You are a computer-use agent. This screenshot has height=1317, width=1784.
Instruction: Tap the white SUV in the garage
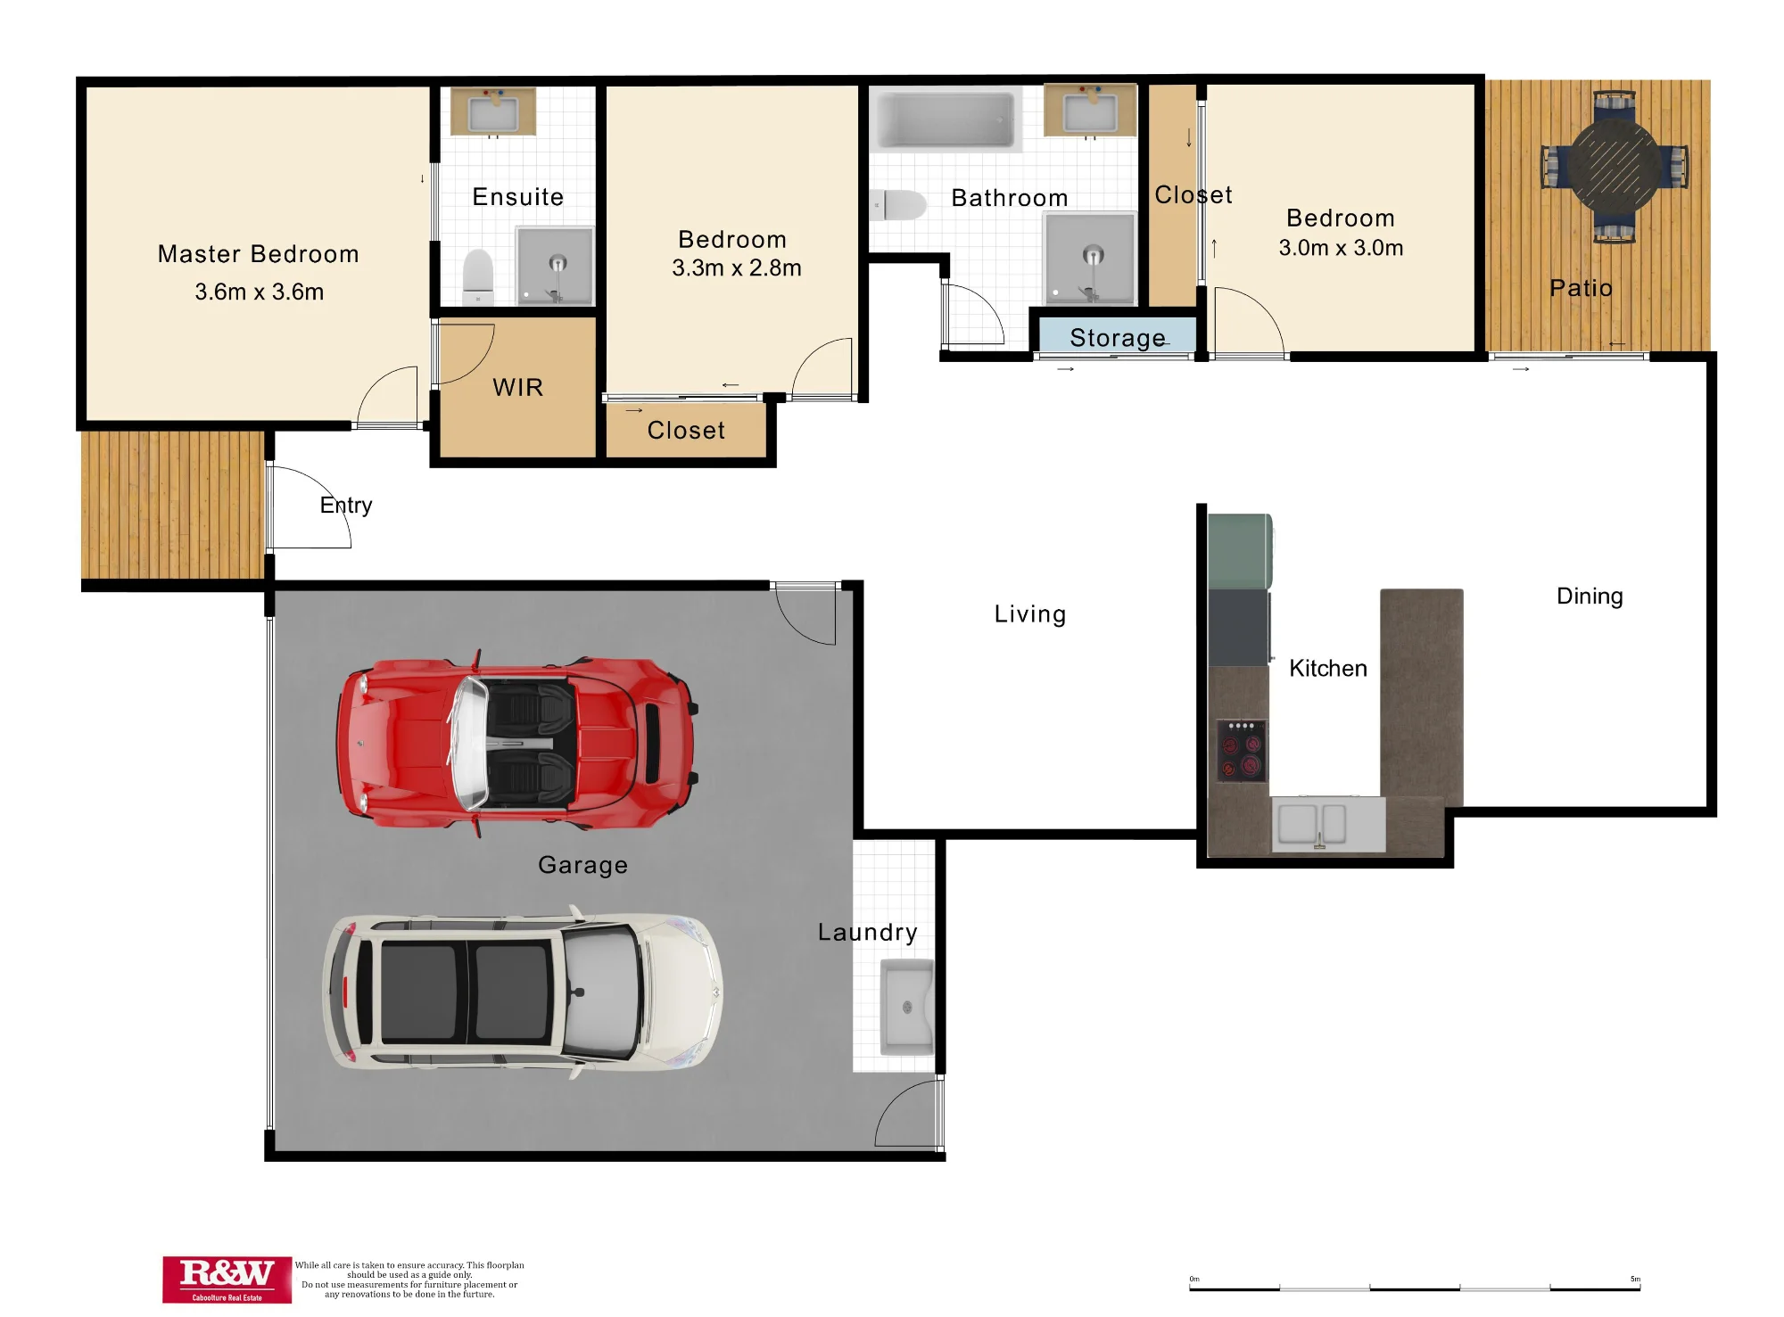[x=523, y=992]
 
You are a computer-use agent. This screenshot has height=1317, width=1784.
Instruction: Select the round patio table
[x=1615, y=166]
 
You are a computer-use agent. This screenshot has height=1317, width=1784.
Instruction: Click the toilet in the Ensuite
[x=479, y=276]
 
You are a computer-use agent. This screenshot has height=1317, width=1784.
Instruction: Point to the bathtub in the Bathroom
[x=946, y=118]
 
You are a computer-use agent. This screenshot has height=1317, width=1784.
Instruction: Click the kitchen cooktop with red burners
[x=1242, y=750]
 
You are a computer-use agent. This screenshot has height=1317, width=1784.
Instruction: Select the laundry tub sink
[x=907, y=1006]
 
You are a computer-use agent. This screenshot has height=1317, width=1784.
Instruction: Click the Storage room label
[x=1118, y=338]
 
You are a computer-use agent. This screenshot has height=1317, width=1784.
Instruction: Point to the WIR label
[x=517, y=387]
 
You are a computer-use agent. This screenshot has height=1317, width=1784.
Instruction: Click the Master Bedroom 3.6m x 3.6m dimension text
[x=260, y=292]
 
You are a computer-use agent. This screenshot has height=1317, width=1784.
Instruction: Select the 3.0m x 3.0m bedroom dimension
[x=1341, y=248]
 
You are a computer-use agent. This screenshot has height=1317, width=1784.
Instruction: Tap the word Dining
[x=1590, y=597]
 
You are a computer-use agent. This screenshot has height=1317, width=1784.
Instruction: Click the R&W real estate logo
[x=227, y=1280]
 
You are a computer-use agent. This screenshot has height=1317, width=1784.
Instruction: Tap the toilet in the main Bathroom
[x=899, y=205]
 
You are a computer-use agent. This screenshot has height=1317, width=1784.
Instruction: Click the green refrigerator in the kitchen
[x=1240, y=551]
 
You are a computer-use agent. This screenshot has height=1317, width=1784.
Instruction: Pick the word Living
[x=1030, y=614]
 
